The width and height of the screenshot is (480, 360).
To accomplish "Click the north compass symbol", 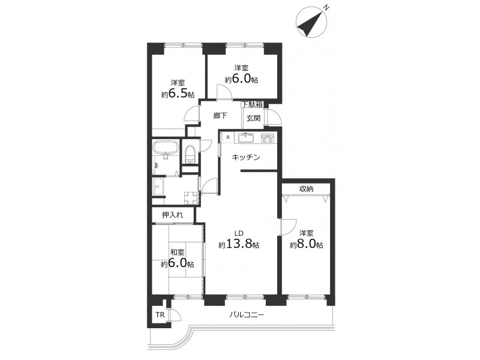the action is (x=311, y=22).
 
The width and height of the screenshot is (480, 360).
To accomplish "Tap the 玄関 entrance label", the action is (x=253, y=118).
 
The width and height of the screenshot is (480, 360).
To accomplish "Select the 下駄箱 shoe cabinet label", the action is (x=253, y=104).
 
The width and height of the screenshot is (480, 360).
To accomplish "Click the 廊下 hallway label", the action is (x=220, y=116).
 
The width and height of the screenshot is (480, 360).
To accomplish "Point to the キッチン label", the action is (x=246, y=157).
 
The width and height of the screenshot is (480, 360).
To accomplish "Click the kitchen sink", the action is (x=246, y=138).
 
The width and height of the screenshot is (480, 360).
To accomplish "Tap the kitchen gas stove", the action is (x=268, y=138).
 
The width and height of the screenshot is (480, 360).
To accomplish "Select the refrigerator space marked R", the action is (x=228, y=137).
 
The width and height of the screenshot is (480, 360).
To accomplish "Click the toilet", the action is (x=190, y=154).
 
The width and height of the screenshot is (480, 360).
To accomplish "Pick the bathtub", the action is (x=166, y=148).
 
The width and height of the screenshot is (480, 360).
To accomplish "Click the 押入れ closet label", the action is (x=173, y=215).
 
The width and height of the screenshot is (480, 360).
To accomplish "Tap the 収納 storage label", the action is (x=306, y=189).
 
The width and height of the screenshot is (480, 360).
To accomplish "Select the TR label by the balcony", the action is (x=160, y=314).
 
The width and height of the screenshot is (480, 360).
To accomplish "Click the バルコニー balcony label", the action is (x=247, y=314).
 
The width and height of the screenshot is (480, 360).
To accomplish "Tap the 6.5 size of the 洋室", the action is (x=178, y=94).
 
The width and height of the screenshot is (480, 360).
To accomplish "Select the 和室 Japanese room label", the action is (x=177, y=253).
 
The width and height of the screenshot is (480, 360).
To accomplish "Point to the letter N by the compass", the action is (x=326, y=7).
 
